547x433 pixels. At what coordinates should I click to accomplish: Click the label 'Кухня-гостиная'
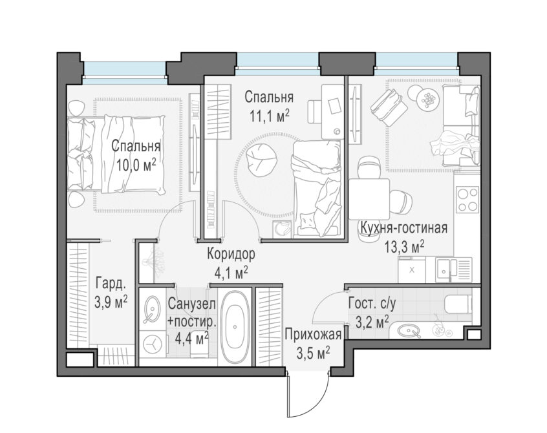(403, 229)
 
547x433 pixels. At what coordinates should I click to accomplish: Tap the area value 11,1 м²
(270, 116)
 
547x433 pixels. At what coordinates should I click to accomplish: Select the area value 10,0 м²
(136, 165)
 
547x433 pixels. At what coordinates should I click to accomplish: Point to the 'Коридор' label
(231, 254)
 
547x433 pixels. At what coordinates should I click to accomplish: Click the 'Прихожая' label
(312, 335)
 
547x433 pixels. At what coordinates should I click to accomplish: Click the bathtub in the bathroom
(235, 326)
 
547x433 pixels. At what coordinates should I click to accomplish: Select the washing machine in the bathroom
(153, 344)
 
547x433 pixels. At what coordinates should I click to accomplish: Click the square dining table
(369, 199)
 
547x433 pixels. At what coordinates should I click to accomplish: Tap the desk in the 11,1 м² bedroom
(332, 112)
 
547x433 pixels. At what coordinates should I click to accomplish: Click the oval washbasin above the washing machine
(153, 308)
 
